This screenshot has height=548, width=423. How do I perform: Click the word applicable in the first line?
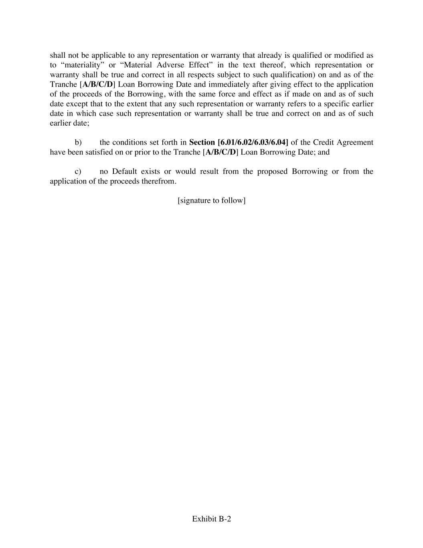coord(108,55)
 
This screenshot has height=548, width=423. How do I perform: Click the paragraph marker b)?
coord(78,143)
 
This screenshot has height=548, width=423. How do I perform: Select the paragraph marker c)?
coord(78,171)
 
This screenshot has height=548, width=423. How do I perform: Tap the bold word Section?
coord(202,143)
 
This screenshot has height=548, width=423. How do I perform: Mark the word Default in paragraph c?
coord(124,171)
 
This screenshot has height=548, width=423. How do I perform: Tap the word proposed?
coord(272,171)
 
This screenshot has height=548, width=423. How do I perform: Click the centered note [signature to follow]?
coord(211,200)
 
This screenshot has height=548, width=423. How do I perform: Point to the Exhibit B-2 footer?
coord(211,519)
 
